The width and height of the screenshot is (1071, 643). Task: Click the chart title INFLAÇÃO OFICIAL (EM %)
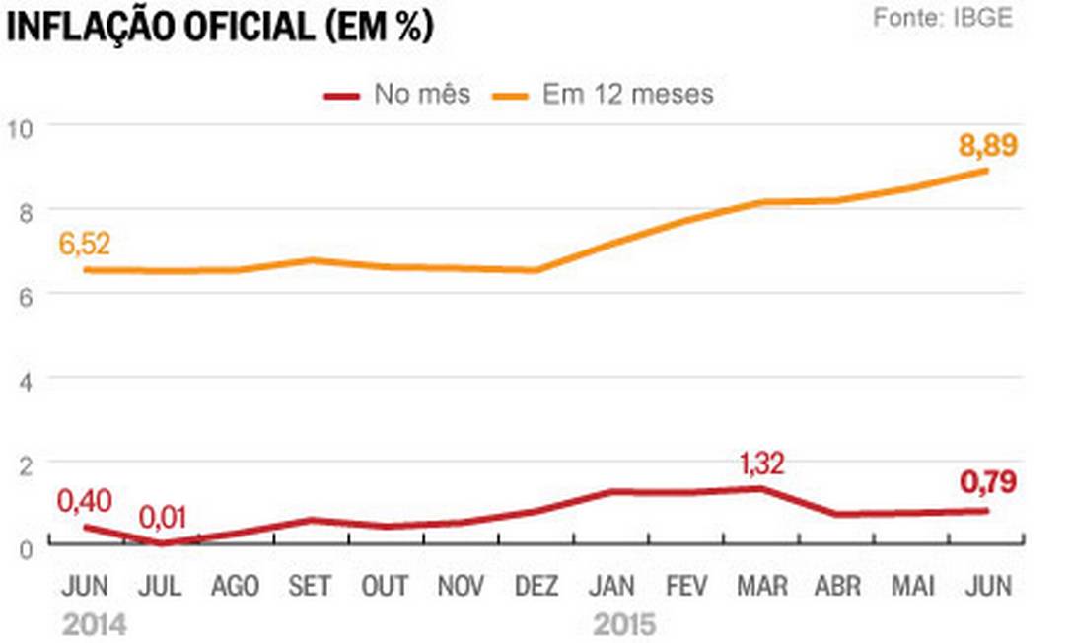click(220, 26)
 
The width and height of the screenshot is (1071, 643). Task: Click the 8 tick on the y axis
click(26, 210)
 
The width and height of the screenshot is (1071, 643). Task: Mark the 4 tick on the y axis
click(26, 380)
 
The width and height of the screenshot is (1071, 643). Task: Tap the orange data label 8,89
click(987, 146)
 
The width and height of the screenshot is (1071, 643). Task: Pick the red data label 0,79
click(987, 483)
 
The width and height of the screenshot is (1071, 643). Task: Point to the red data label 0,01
click(163, 516)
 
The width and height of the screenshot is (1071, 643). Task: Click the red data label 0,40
click(85, 501)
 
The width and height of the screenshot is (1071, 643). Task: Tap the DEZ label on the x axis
click(535, 586)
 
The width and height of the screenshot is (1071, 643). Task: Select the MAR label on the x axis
click(761, 586)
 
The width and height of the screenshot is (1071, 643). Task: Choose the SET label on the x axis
click(309, 586)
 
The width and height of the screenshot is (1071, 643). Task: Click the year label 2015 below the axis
click(623, 625)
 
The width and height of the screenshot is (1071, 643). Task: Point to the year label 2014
click(94, 625)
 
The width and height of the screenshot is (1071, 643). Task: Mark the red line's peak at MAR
click(761, 488)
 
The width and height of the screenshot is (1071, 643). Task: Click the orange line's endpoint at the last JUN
click(987, 170)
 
